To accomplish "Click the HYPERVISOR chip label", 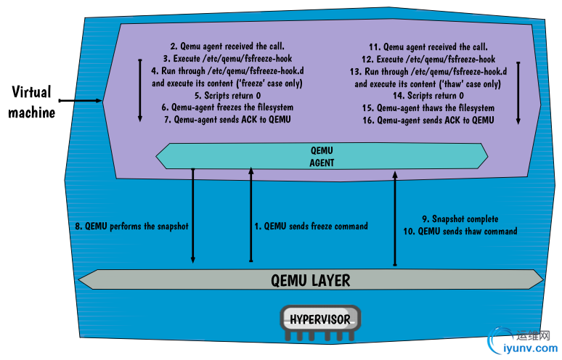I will pyautogui.click(x=320, y=319).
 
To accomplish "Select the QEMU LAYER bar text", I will pyautogui.click(x=310, y=279).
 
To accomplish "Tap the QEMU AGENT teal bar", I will pyautogui.click(x=322, y=156).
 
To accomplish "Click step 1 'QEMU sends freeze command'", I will pyautogui.click(x=311, y=226).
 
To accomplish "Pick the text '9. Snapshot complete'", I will pyautogui.click(x=460, y=218).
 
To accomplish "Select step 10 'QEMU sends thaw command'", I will pyautogui.click(x=460, y=231).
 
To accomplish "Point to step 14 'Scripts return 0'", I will pyautogui.click(x=430, y=95).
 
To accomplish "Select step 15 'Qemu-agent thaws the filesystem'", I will pyautogui.click(x=430, y=107).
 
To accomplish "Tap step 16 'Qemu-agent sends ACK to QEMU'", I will pyautogui.click(x=430, y=119).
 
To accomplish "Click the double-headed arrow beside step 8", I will pyautogui.click(x=193, y=215).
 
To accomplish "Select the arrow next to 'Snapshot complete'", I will pyautogui.click(x=395, y=218).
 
